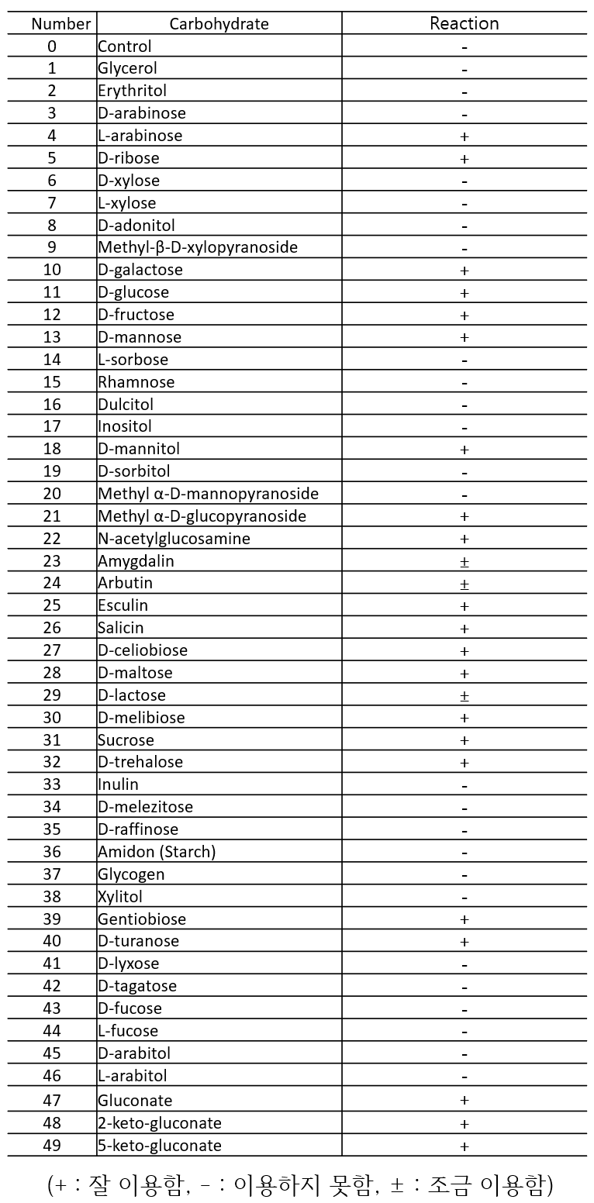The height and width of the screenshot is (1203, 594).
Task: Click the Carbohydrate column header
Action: point(219,24)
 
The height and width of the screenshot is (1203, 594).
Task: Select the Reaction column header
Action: point(464,23)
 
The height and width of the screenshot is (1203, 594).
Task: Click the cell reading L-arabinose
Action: point(140,136)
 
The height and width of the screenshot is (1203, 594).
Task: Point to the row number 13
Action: point(52,337)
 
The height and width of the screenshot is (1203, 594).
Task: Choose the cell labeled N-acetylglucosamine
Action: point(174,539)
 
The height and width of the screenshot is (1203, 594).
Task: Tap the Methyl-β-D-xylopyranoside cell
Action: point(197,247)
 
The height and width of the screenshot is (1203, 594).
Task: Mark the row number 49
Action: point(52,1146)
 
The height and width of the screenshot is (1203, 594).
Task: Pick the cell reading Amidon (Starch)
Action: point(157,852)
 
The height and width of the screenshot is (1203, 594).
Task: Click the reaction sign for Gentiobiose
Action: point(464,919)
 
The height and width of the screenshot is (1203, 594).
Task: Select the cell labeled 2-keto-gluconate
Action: point(159,1123)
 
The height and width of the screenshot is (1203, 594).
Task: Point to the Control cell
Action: point(125,47)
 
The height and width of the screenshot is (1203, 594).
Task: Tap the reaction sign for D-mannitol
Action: point(464,450)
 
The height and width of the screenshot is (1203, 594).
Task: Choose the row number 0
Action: point(52,47)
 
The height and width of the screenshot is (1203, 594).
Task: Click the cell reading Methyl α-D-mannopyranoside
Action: point(208,494)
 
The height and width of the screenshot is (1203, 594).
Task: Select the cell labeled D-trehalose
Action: point(140,762)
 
